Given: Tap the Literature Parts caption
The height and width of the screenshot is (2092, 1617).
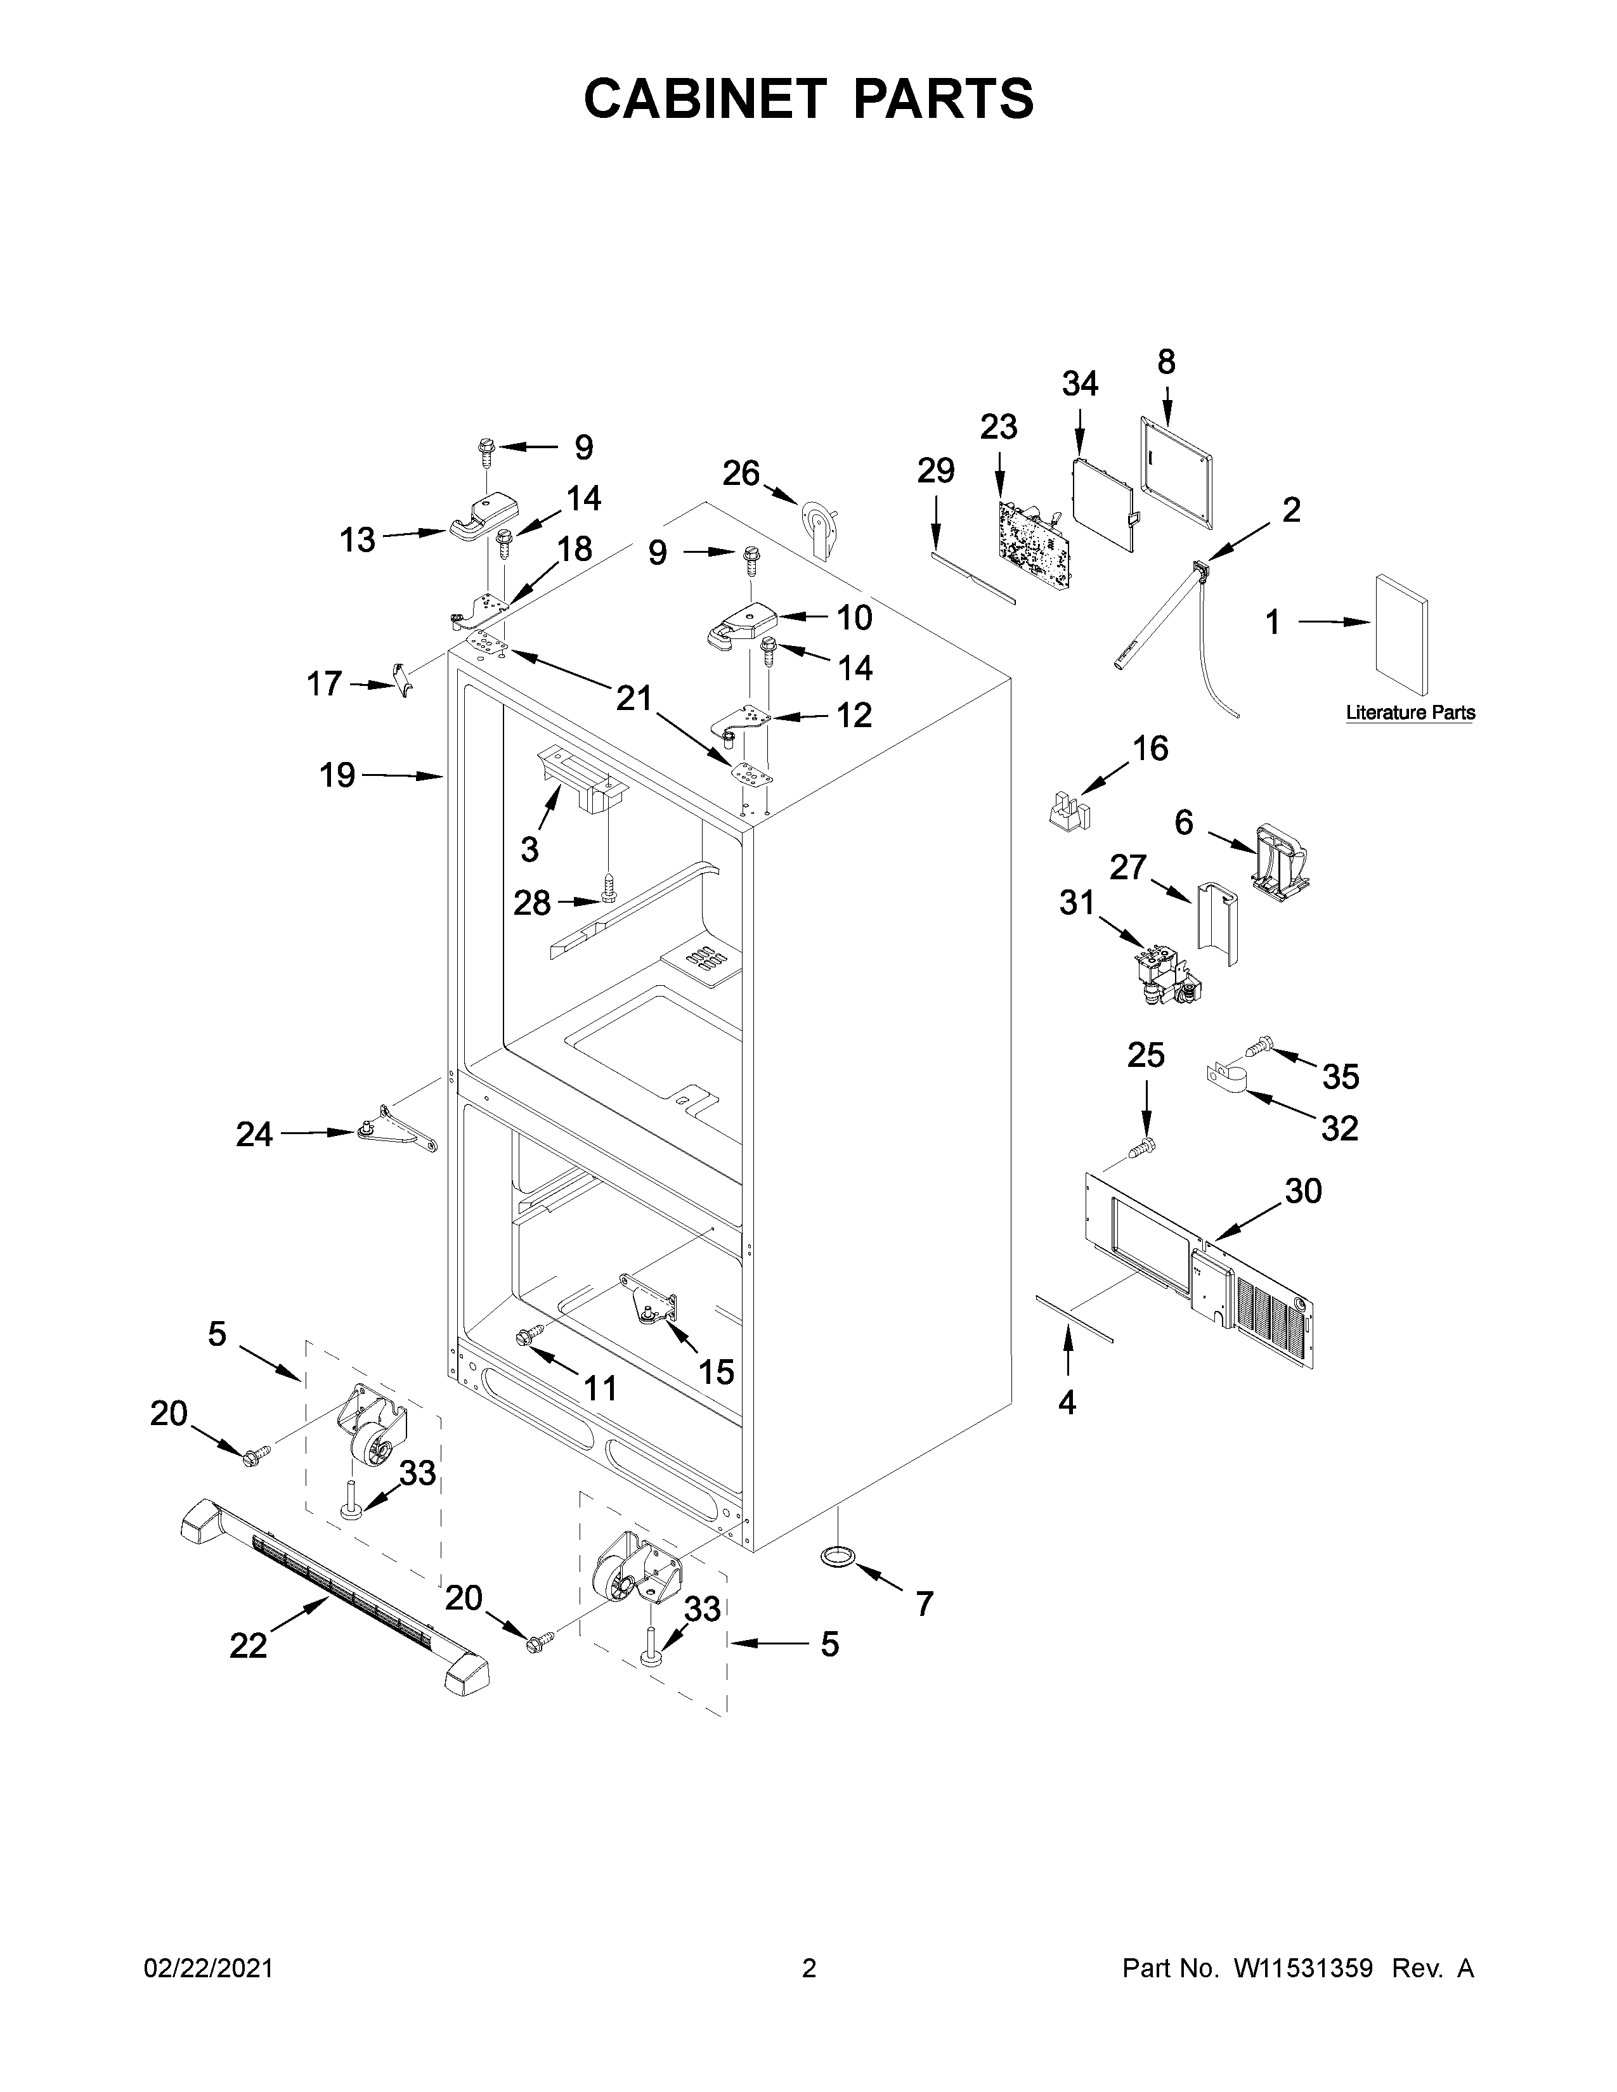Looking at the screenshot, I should (1410, 713).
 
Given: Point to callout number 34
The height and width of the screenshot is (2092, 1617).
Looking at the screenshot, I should (1080, 384).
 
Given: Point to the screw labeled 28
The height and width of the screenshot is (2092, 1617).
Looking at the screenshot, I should (607, 889).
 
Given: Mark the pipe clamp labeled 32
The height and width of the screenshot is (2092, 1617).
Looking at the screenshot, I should (1226, 1078).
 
